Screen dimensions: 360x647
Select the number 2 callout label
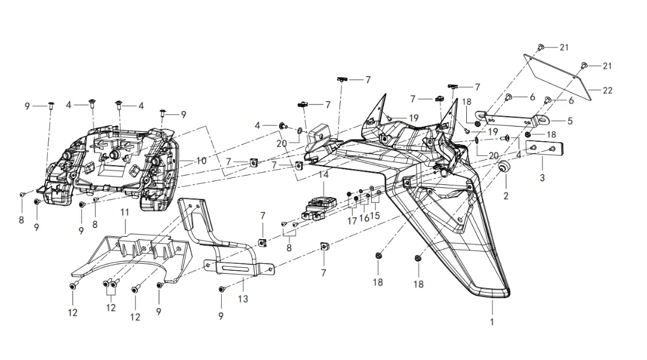click(x=506, y=197)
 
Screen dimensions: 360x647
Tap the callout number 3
click(x=542, y=177)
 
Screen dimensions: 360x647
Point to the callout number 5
click(x=570, y=121)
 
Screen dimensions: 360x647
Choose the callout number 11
click(x=124, y=213)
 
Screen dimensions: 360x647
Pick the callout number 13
click(x=243, y=299)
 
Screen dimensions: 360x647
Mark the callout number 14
click(x=323, y=174)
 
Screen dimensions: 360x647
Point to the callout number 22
click(x=607, y=91)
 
